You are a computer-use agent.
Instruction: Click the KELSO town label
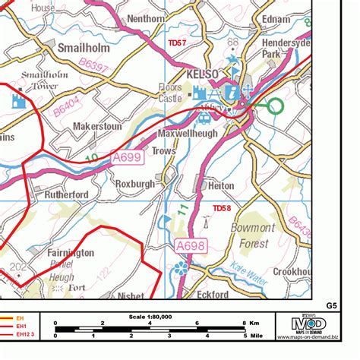201,74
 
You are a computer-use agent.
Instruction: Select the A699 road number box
125,157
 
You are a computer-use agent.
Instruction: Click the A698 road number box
192,245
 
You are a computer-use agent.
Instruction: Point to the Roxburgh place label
135,184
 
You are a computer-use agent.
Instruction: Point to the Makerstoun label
97,127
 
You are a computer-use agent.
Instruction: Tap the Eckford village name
213,294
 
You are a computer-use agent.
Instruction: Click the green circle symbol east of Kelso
274,105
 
